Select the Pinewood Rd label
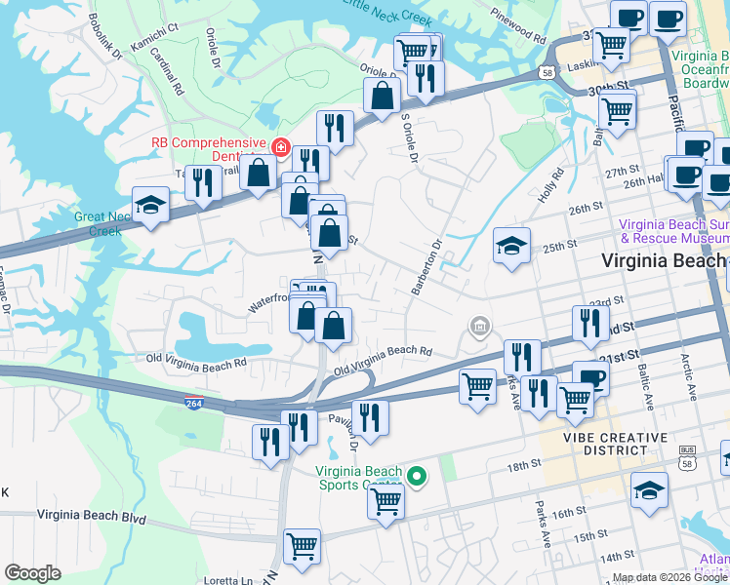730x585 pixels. (520, 26)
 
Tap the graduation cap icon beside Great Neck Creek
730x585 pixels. (150, 205)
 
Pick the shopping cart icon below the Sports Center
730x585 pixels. (386, 501)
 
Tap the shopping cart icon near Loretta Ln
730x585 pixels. (303, 546)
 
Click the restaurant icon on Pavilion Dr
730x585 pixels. (369, 417)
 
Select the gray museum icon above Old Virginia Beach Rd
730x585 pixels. (479, 326)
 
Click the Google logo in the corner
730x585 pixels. (32, 573)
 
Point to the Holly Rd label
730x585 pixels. (551, 187)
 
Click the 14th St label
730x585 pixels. (617, 556)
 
